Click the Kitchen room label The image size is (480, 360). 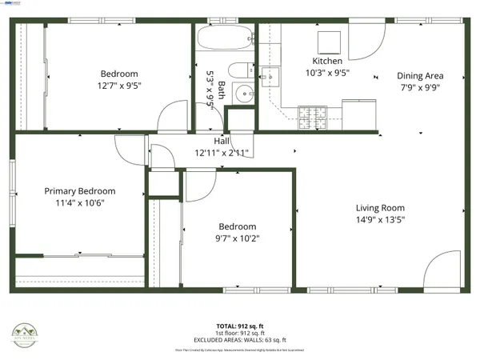(x=327, y=61)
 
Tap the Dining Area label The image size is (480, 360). (x=420, y=76)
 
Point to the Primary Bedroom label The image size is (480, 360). (x=80, y=191)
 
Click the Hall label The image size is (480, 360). (x=222, y=142)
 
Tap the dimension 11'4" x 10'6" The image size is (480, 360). (x=80, y=203)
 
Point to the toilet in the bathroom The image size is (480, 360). (x=240, y=70)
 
